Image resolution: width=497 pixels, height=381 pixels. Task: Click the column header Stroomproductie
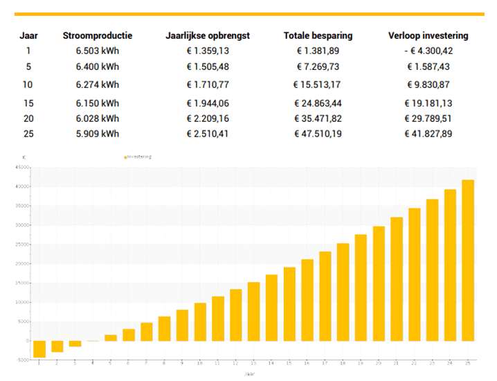pos(97,36)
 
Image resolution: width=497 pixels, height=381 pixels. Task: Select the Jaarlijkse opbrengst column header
pos(208,36)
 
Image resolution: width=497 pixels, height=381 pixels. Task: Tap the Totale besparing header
pos(318,36)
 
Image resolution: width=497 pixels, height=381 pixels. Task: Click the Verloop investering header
pos(428,36)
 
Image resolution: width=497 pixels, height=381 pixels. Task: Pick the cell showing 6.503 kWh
pos(97,51)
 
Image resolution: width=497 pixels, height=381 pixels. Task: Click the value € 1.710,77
pos(208,85)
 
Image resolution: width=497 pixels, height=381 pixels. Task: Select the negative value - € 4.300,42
pos(428,51)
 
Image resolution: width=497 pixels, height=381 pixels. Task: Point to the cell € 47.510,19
pos(318,133)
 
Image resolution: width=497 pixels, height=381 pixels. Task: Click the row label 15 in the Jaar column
pos(28,103)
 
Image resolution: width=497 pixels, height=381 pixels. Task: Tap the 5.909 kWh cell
pos(97,133)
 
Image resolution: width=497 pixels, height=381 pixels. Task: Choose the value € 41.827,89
pos(428,133)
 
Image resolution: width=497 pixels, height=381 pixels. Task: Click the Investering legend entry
pos(138,157)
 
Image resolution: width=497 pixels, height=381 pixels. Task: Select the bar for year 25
pos(469,260)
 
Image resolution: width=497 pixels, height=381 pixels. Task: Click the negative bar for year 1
pos(39,348)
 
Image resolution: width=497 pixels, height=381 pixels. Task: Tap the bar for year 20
pos(379,283)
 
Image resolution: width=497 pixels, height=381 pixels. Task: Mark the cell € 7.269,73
pos(318,67)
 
